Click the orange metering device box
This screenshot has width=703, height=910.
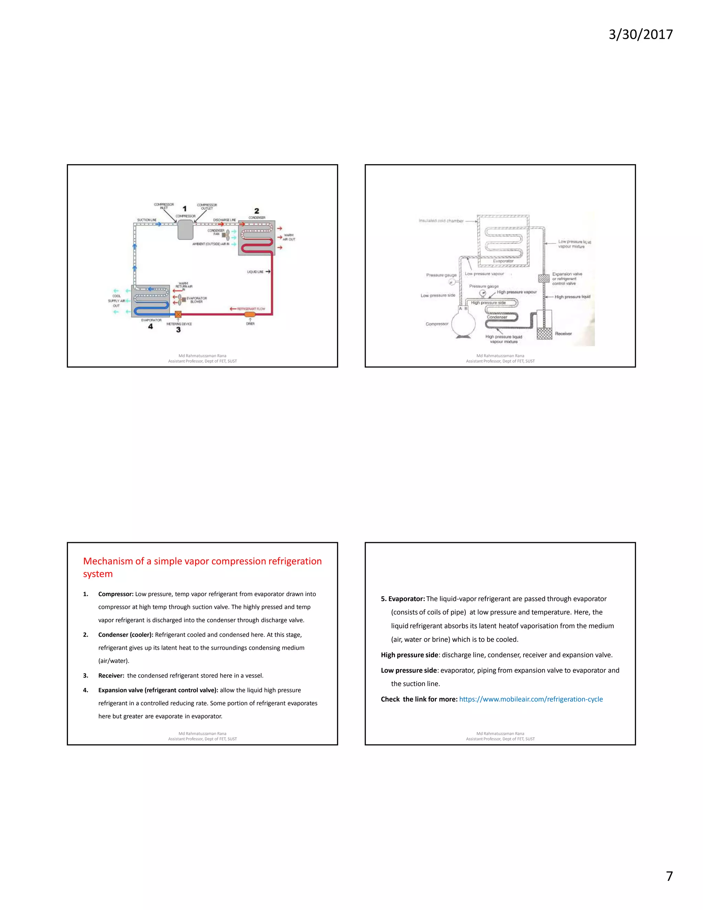click(178, 314)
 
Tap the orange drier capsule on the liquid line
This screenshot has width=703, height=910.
click(250, 314)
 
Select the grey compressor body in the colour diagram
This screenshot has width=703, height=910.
click(185, 230)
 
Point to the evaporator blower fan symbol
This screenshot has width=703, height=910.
click(180, 299)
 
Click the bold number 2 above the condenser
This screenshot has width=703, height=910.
click(256, 211)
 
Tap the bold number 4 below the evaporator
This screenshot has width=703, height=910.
click(150, 327)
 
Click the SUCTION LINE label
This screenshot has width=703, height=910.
click(147, 220)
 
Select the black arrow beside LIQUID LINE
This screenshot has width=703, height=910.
click(268, 272)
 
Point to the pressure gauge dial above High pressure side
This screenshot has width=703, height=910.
click(483, 293)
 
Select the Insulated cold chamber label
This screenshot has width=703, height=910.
click(441, 221)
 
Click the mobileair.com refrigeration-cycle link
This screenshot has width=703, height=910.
click(531, 699)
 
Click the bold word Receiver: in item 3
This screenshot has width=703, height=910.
click(111, 675)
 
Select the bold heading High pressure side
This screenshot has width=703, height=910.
click(409, 655)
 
